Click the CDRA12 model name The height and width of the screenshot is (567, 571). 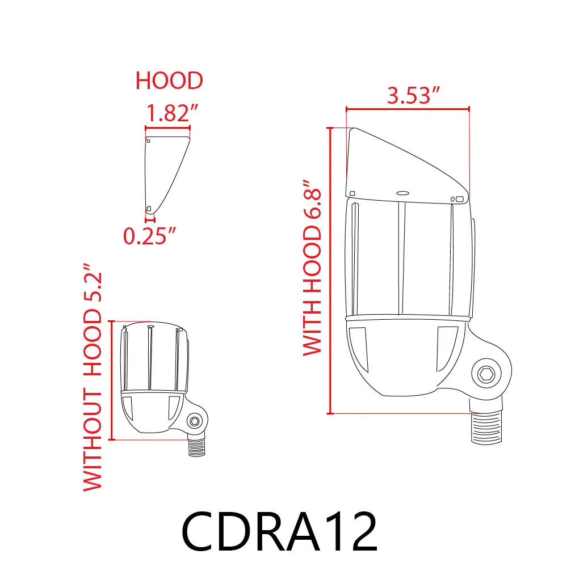tap(279, 531)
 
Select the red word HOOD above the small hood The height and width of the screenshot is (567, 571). tap(169, 81)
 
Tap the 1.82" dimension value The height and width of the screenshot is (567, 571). tap(169, 114)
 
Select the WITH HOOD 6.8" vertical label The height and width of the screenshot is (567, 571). tap(312, 268)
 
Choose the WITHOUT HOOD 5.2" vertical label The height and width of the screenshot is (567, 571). tap(93, 376)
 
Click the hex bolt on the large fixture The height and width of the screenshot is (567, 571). tap(486, 375)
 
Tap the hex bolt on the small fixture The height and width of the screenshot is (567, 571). tap(194, 421)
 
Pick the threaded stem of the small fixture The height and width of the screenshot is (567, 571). tap(196, 447)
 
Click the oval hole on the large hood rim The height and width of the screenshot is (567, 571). tap(403, 193)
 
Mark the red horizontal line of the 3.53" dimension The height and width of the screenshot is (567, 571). tap(408, 108)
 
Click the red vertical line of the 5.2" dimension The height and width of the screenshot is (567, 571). tap(113, 380)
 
